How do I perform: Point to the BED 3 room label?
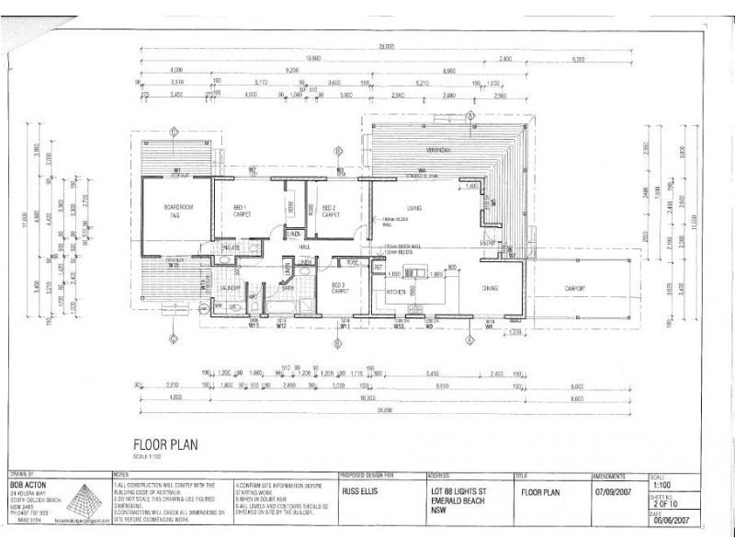[x=339, y=284]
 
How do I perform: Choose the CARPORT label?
[x=574, y=288]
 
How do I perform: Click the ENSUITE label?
[x=231, y=247]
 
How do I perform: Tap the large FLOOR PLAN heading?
[x=164, y=443]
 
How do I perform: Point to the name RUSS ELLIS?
[x=357, y=491]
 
